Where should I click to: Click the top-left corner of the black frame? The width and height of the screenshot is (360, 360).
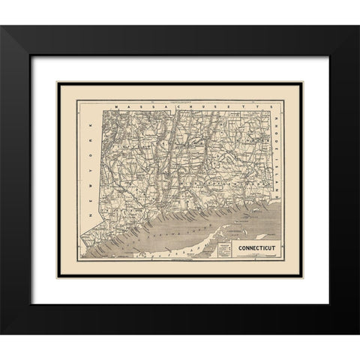(x=28, y=28)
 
